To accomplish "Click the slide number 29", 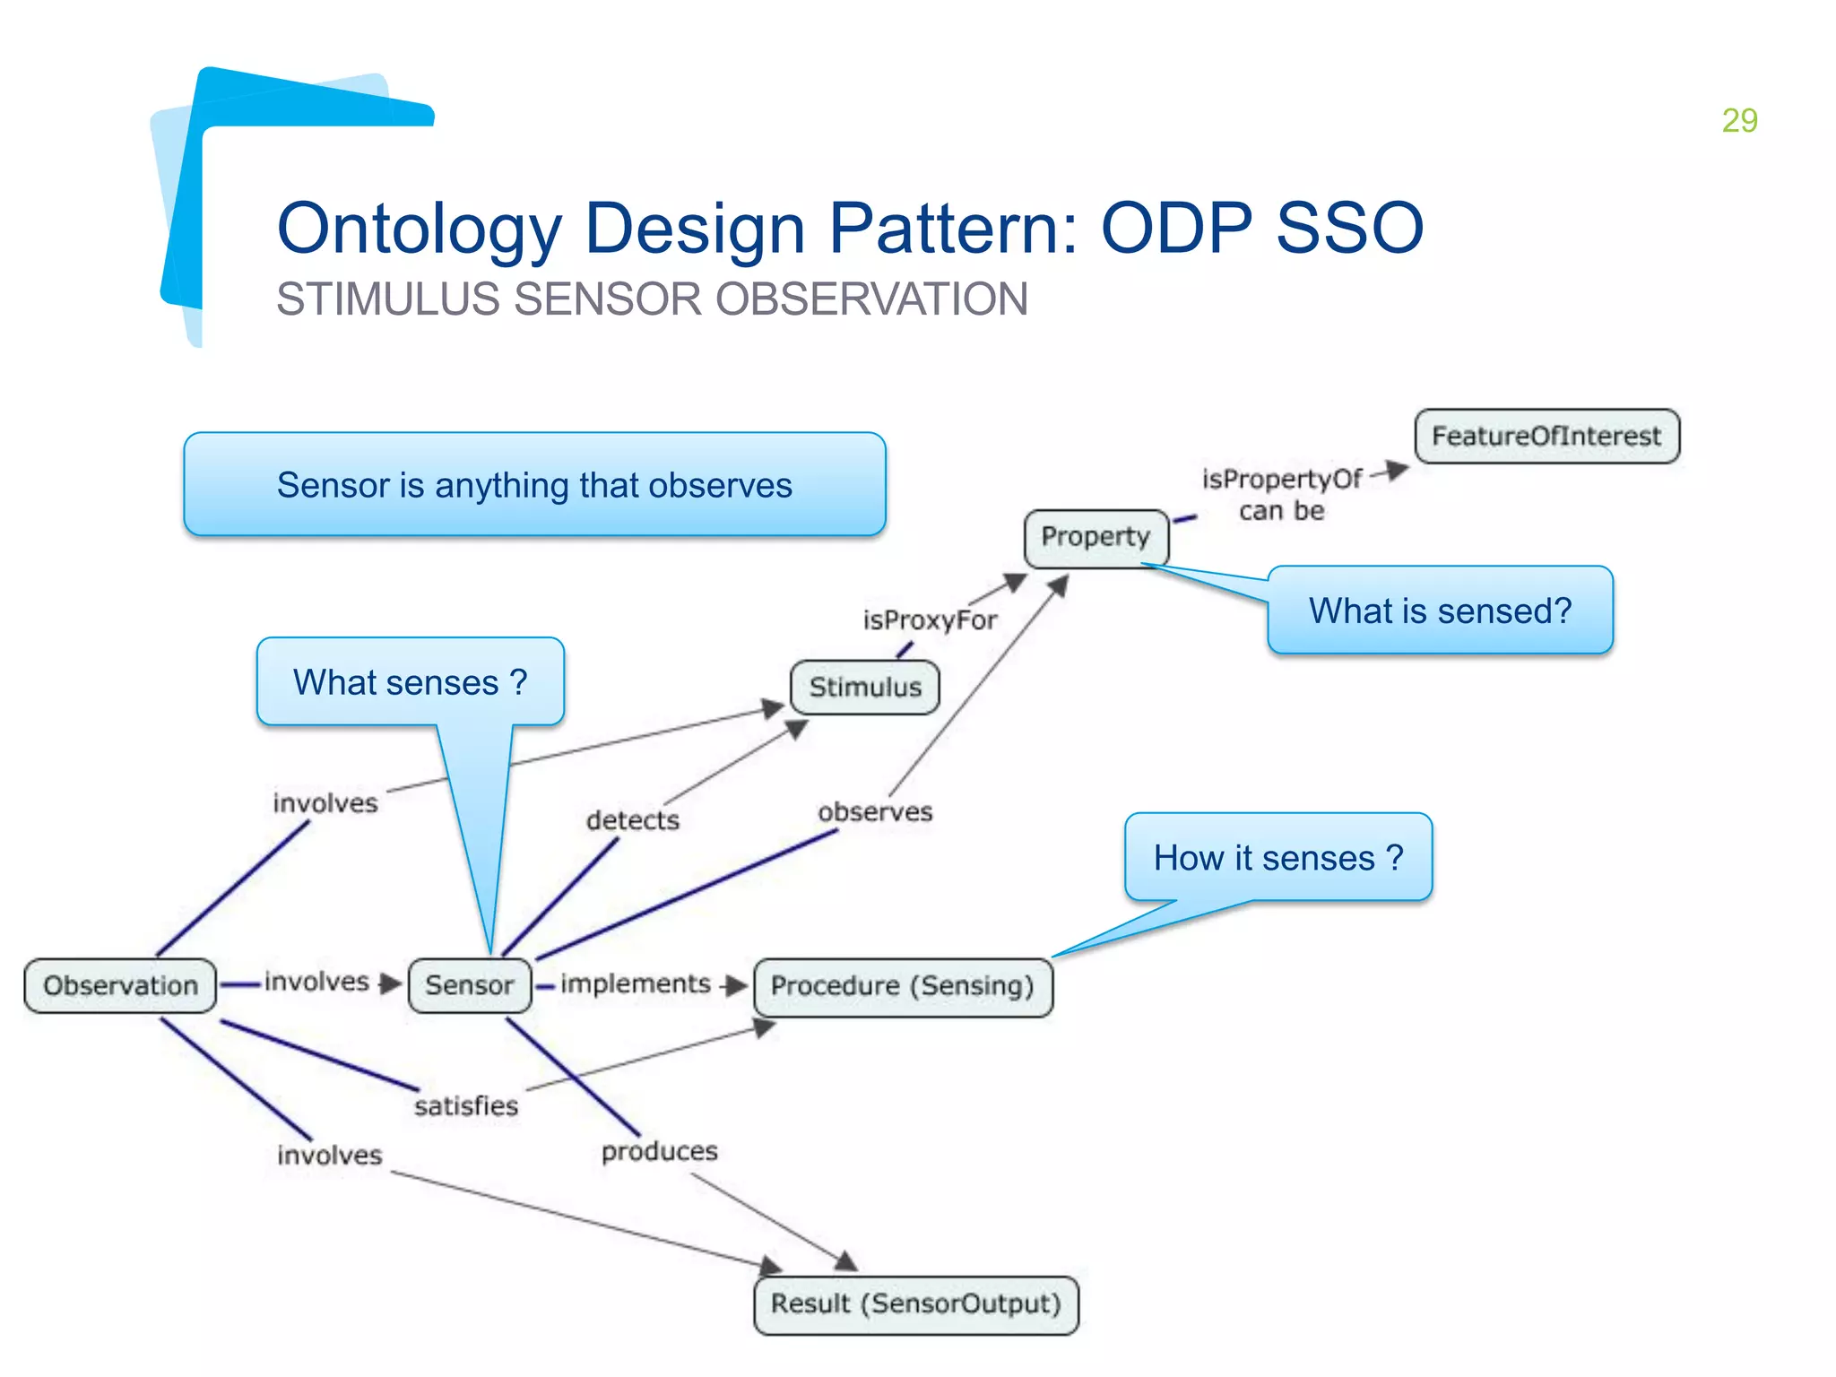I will [1739, 120].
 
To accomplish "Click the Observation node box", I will [120, 985].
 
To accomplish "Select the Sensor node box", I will [469, 985].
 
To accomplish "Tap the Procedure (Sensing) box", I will [902, 986].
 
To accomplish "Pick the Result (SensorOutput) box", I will [915, 1303].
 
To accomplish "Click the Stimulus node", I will [865, 688].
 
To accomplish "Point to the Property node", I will [1096, 537].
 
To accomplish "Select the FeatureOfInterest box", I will [1546, 437].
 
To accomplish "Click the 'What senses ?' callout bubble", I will [410, 682].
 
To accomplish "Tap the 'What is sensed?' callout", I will [1440, 611].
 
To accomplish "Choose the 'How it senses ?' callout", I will [1277, 858].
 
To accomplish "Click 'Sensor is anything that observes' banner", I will [534, 485].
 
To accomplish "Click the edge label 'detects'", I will [633, 820].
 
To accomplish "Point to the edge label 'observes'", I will [875, 812].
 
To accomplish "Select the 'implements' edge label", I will [636, 983].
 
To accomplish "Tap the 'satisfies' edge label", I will [466, 1105].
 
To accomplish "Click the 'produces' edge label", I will [660, 1151].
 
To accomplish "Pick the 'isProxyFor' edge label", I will [930, 620].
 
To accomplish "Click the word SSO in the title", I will [1349, 229].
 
